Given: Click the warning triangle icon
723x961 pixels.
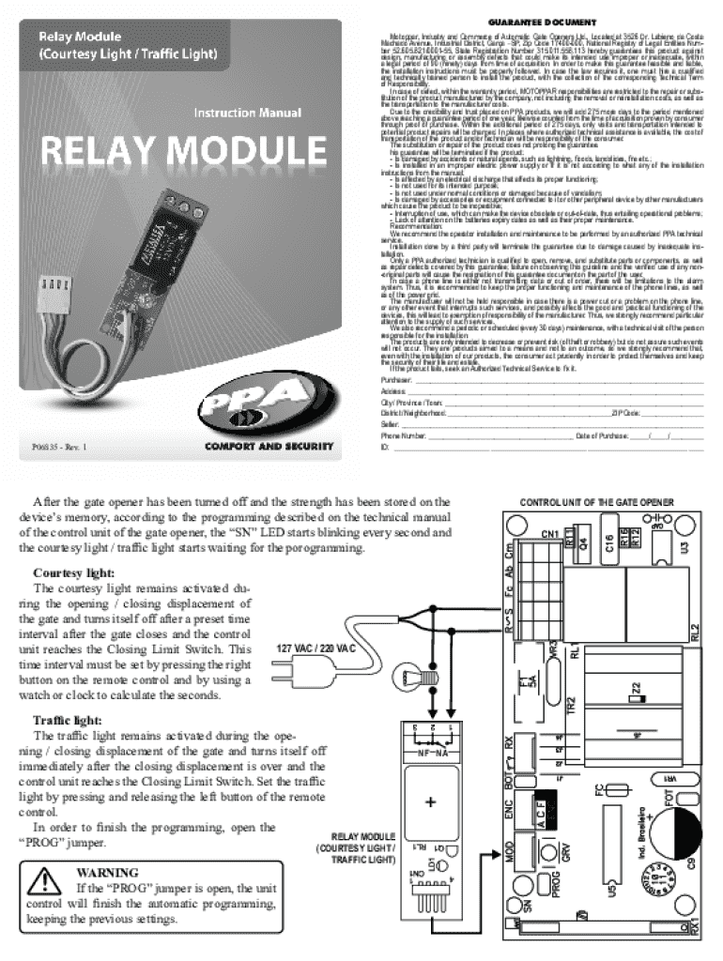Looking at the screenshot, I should click(x=44, y=881).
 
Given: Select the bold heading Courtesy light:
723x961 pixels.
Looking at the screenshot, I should click(x=74, y=572).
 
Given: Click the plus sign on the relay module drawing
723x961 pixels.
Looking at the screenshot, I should click(x=432, y=803).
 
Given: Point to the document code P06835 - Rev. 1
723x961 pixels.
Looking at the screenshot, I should click(x=57, y=449).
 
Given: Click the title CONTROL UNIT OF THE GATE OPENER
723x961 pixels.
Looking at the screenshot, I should click(x=596, y=503).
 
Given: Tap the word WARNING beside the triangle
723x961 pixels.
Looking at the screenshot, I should click(x=108, y=872).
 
